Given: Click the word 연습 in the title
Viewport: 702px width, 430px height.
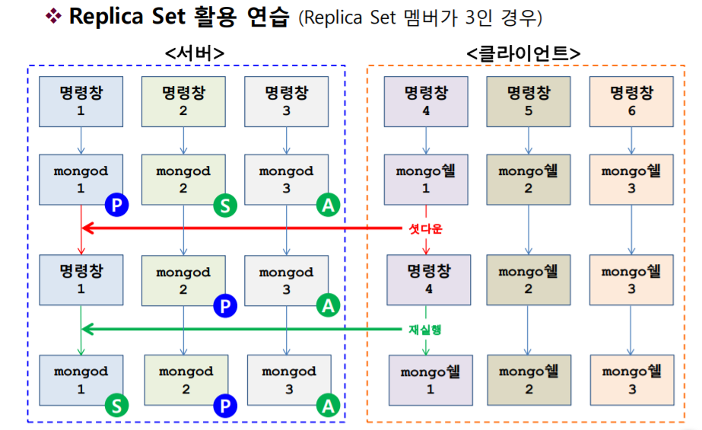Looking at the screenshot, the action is [x=267, y=17].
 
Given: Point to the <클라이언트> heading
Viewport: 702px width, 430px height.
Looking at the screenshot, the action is [x=523, y=53].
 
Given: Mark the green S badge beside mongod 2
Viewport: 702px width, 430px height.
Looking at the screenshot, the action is [x=224, y=204].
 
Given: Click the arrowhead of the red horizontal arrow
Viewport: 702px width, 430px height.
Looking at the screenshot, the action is [x=87, y=228].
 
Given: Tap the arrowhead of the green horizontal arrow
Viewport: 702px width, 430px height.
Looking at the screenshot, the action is [x=87, y=330].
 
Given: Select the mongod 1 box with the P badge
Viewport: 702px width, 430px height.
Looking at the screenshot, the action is [x=81, y=180].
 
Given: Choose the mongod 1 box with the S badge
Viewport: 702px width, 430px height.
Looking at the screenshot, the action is [x=81, y=379].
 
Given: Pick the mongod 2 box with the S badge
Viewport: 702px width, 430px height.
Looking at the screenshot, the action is [x=183, y=180].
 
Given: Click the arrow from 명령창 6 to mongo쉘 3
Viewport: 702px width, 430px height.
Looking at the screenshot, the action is [x=631, y=141].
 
